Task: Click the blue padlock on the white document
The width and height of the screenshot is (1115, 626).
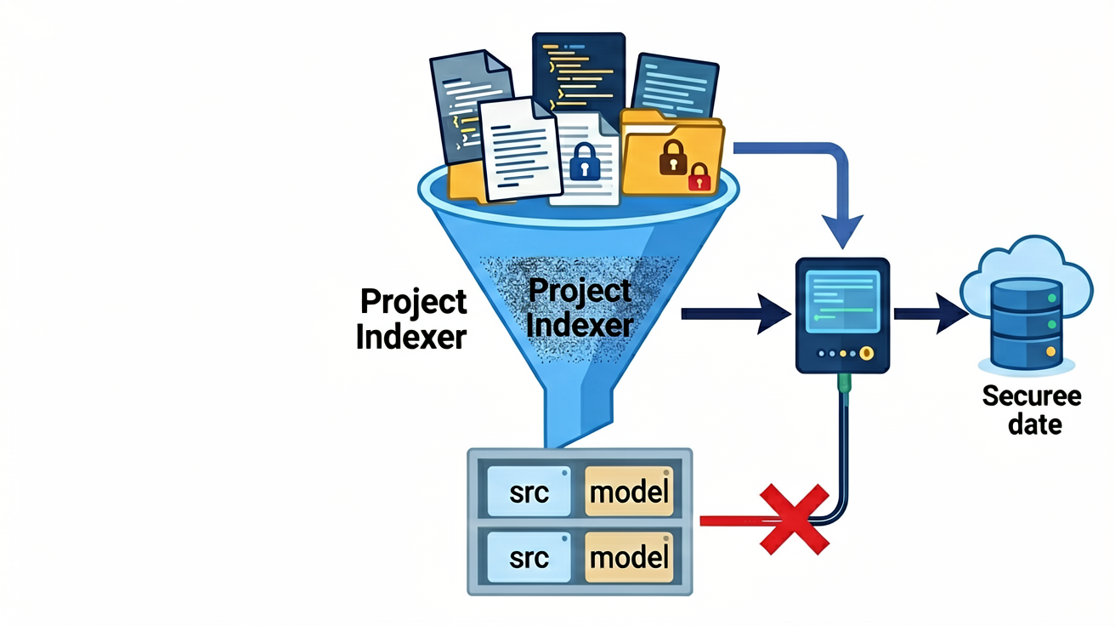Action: (585, 162)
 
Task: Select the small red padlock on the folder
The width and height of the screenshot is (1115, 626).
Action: (699, 177)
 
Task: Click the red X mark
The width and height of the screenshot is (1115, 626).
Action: (795, 519)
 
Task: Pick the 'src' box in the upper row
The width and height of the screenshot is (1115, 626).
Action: (529, 492)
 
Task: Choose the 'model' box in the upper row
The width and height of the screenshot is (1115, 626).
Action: (629, 492)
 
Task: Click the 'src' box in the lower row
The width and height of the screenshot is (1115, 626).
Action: (529, 557)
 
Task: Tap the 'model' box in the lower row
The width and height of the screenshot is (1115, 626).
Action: (629, 557)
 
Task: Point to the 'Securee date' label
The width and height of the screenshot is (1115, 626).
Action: (1032, 410)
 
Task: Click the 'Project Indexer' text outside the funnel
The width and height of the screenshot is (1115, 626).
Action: (412, 319)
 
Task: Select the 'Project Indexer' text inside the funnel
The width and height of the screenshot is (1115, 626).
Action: (580, 307)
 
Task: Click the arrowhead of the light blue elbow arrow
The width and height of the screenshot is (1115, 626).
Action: (842, 231)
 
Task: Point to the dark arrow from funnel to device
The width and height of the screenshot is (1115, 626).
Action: (736, 314)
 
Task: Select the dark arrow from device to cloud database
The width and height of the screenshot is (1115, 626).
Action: (931, 314)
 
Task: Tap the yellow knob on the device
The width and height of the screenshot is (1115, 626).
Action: (867, 353)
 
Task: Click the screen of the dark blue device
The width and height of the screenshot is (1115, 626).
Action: (843, 301)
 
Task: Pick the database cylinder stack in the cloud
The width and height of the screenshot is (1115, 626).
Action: (1027, 323)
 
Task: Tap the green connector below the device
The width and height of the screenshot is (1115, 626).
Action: (844, 384)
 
